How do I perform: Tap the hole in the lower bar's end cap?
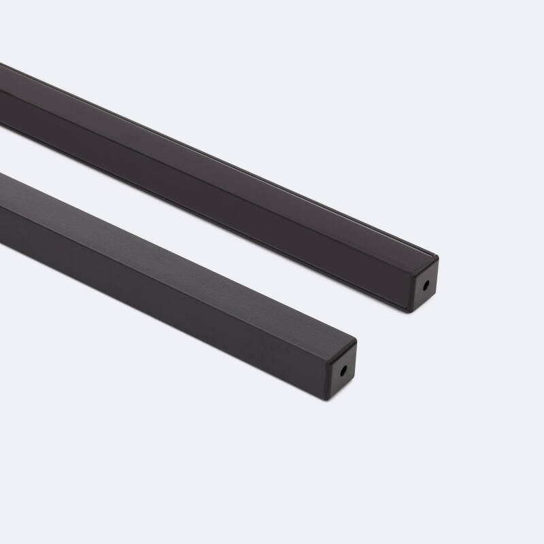pos(344,371)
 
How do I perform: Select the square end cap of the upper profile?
pos(424,285)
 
